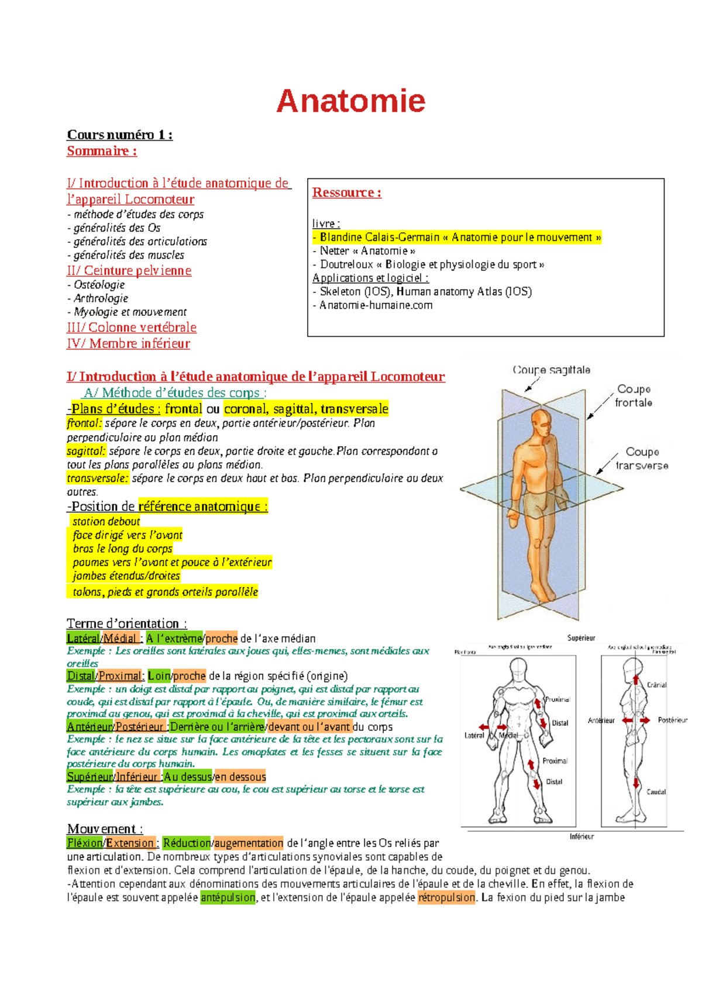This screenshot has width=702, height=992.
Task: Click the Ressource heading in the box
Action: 346,192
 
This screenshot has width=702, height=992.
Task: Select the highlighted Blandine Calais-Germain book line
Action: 457,237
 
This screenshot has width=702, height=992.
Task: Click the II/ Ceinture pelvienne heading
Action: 129,270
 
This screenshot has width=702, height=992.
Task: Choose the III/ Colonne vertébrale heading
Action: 132,327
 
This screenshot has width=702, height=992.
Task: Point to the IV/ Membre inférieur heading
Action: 128,343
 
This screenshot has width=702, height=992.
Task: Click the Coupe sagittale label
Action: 551,370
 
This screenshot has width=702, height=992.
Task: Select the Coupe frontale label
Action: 634,395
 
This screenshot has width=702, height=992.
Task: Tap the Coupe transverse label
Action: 641,459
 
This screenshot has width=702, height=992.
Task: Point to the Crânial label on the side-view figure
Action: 656,684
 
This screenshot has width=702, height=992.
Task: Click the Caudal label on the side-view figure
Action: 656,791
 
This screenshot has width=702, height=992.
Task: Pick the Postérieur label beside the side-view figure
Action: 672,720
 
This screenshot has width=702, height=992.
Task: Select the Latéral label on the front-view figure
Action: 474,735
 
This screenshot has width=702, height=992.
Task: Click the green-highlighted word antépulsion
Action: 228,897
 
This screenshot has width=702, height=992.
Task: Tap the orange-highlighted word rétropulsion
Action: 446,897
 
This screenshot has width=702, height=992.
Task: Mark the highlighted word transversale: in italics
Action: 98,478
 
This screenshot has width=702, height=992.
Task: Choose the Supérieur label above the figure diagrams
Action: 581,638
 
